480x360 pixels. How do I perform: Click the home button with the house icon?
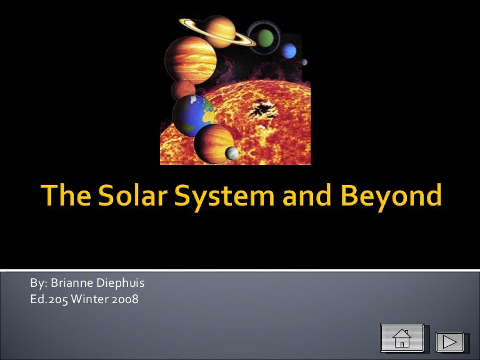(402, 338)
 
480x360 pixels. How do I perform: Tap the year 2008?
(126, 299)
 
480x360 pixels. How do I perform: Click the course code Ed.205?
(49, 299)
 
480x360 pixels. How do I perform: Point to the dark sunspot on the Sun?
(259, 111)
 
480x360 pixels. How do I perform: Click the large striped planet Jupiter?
(191, 59)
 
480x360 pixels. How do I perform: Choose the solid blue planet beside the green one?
(288, 51)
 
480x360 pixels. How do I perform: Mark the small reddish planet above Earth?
(184, 89)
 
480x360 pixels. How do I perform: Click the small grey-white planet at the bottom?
(232, 153)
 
